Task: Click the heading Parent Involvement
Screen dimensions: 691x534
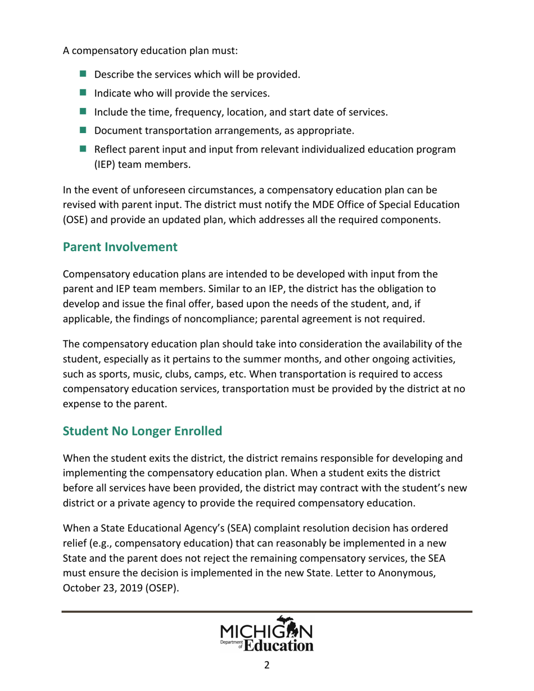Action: (x=120, y=247)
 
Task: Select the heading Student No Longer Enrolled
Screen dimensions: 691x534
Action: (x=143, y=431)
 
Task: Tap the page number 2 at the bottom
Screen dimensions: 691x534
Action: (x=267, y=665)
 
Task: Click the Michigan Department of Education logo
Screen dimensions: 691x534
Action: (x=267, y=634)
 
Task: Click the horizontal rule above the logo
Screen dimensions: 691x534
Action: (x=267, y=611)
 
